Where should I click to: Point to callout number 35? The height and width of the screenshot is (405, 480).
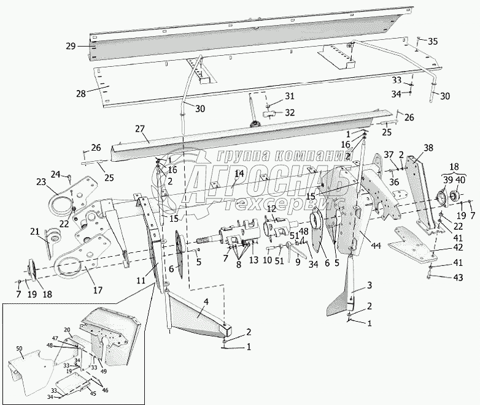click(433, 42)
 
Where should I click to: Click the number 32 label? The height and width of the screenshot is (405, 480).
click(289, 113)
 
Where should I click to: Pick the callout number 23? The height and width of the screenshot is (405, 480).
click(41, 181)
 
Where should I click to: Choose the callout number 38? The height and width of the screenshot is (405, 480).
click(428, 148)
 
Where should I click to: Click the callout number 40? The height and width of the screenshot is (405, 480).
click(459, 179)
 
